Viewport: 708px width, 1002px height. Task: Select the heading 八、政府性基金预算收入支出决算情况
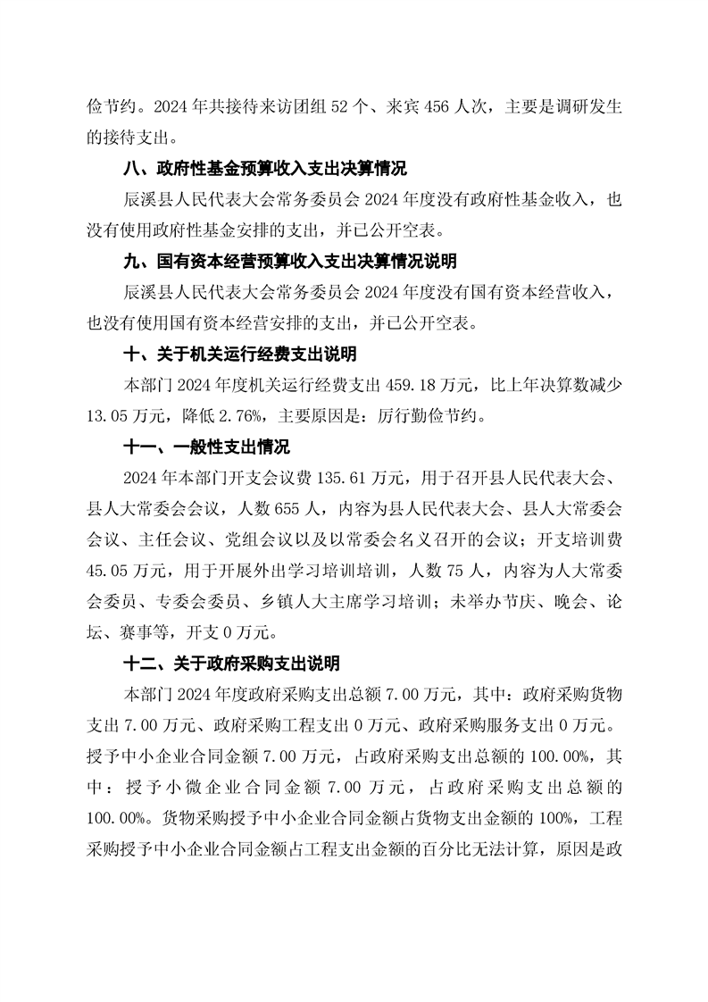[264, 169]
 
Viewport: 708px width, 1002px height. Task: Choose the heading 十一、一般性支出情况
[205, 447]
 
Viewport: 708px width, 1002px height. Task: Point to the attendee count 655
[281, 508]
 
